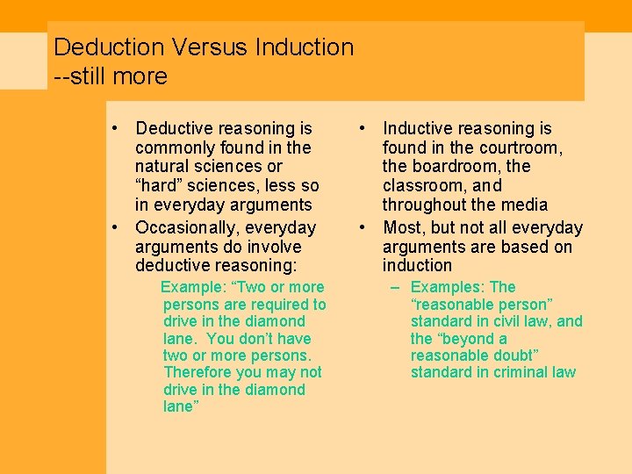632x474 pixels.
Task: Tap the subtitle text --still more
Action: pyautogui.click(x=111, y=76)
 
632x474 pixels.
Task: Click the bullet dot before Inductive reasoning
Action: pyautogui.click(x=363, y=129)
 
